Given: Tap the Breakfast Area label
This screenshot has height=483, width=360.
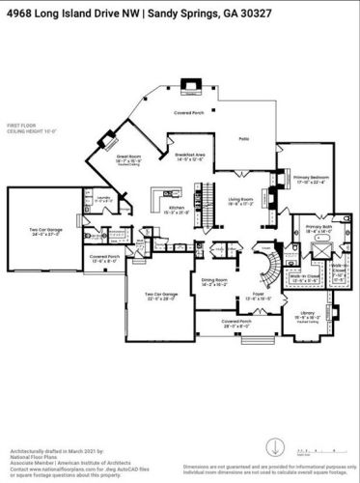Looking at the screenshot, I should coord(180,157).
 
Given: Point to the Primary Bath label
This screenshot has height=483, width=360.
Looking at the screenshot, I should coord(318,230).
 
